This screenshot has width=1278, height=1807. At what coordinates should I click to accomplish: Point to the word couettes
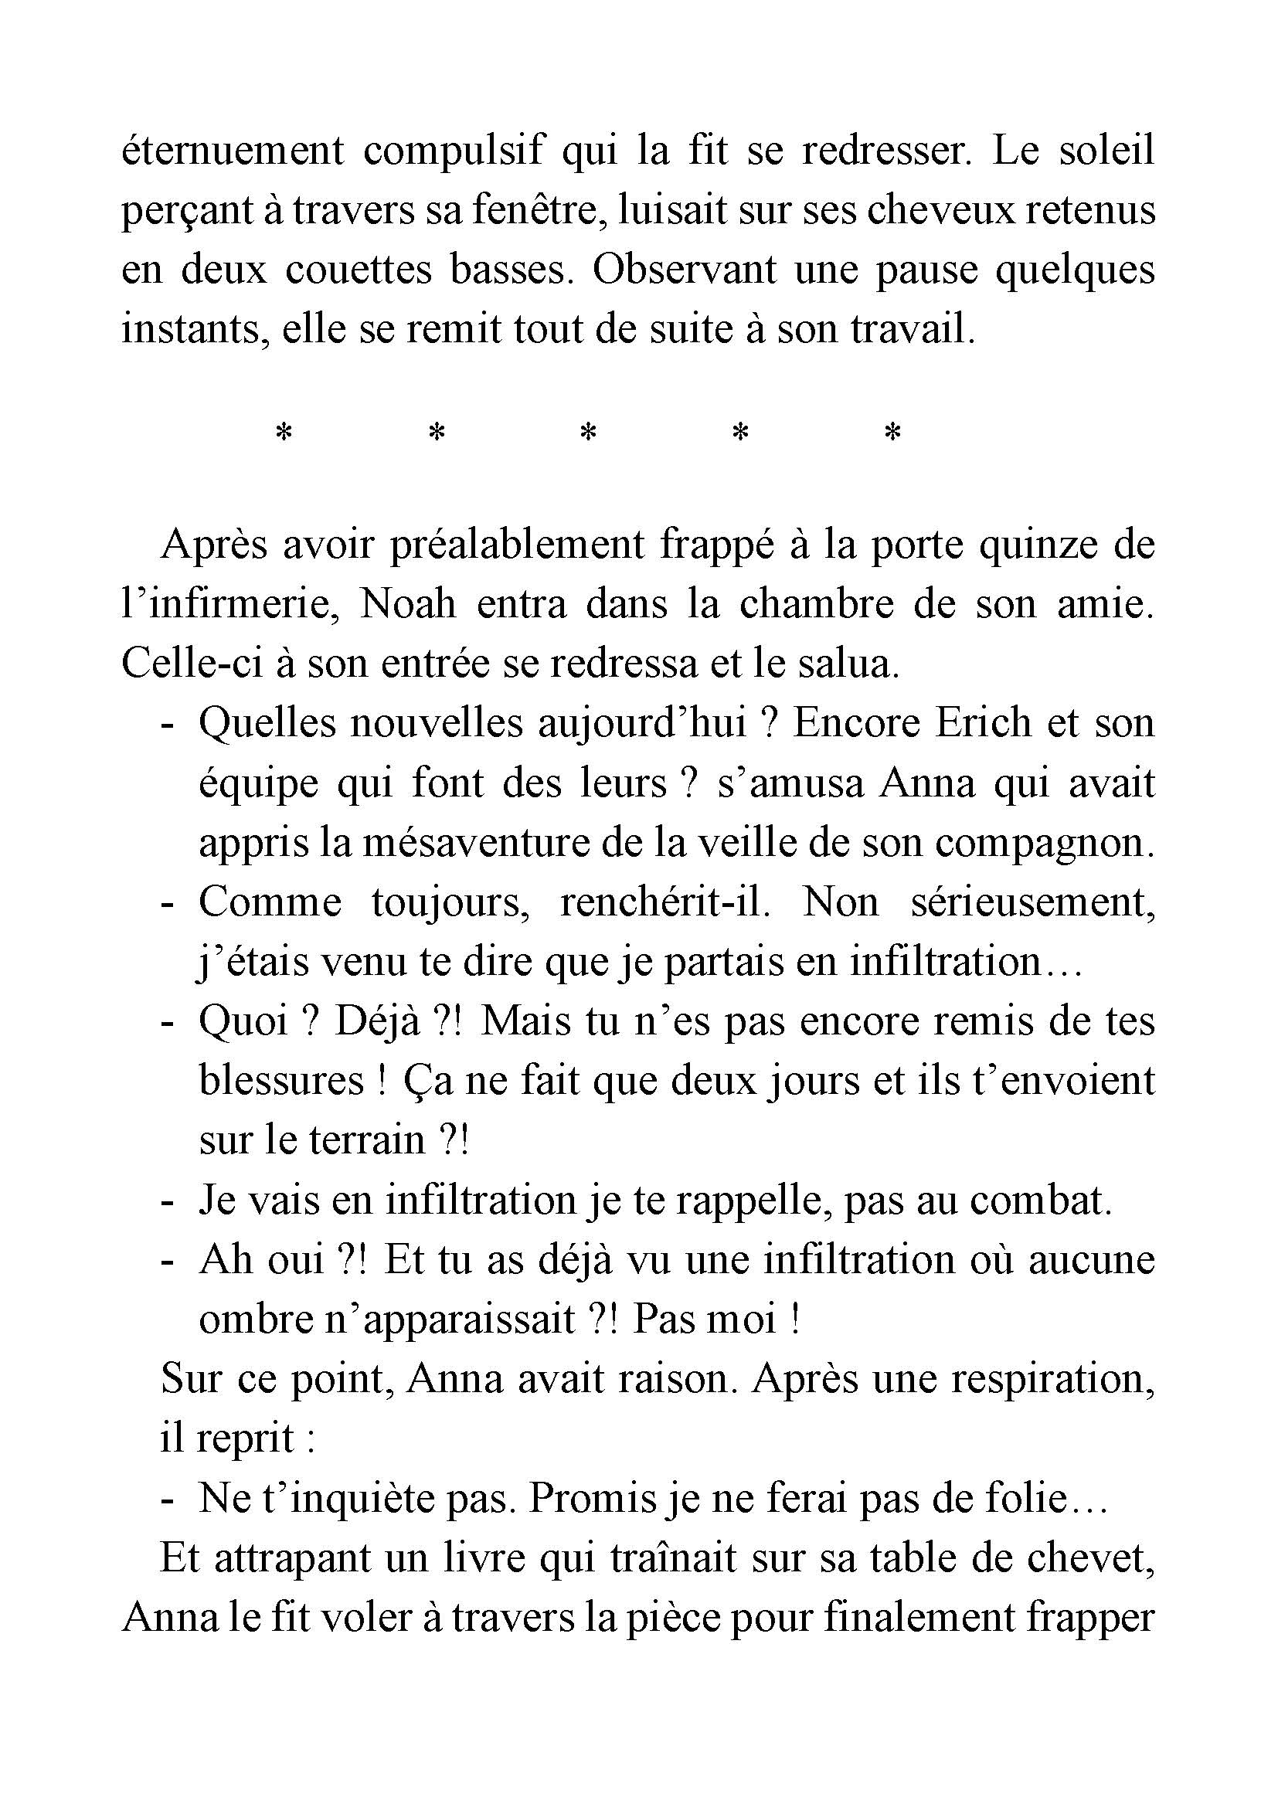(358, 270)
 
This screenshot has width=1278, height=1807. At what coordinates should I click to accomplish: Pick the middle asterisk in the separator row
(588, 432)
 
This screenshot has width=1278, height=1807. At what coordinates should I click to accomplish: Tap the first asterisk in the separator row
(284, 432)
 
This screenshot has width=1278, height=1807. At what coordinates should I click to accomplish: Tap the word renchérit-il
(665, 902)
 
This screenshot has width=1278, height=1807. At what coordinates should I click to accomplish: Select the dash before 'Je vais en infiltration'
(166, 1201)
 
